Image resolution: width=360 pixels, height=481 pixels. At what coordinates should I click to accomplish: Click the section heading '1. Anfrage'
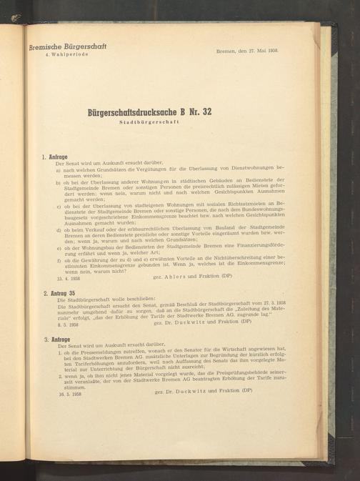tap(56, 156)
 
